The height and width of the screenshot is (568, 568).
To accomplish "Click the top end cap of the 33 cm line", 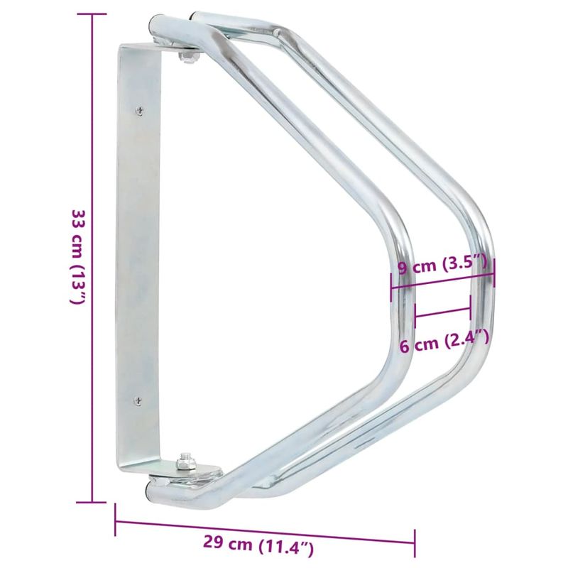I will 93,15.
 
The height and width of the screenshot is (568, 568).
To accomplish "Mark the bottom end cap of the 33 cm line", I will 93,501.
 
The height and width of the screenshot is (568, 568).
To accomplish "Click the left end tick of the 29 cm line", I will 116,521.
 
